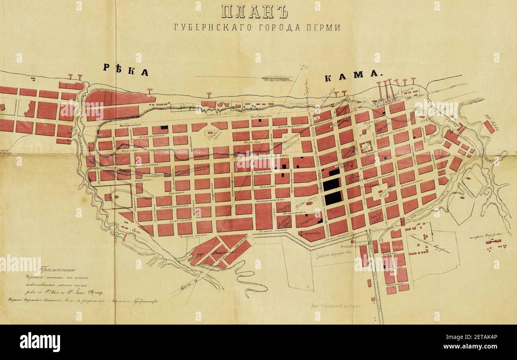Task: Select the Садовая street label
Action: point(393,253)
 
